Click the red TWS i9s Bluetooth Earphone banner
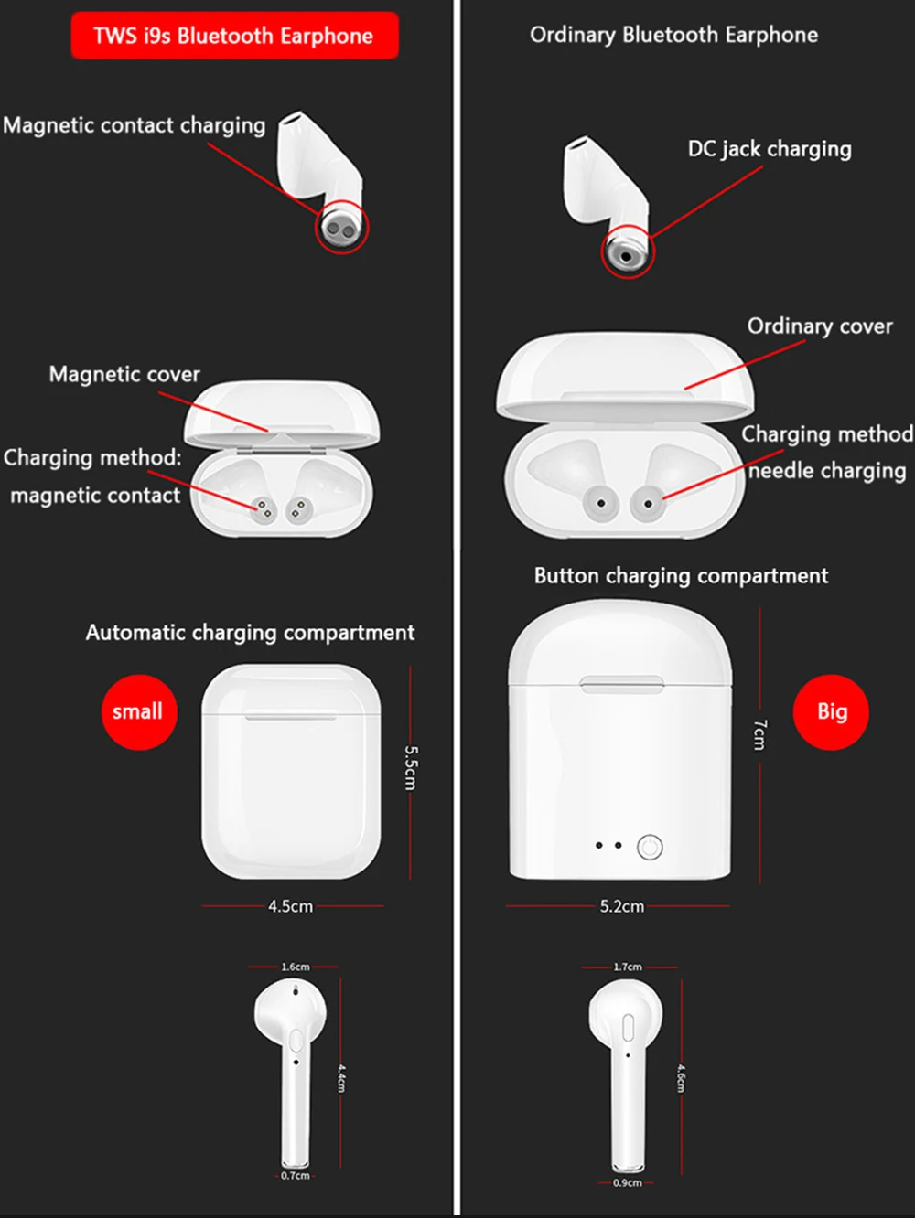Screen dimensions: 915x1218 235,36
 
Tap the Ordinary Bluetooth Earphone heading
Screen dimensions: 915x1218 673,35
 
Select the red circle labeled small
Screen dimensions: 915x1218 139,712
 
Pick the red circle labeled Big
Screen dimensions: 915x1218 831,712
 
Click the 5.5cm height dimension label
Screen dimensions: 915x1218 411,767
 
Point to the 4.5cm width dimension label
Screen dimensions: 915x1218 290,906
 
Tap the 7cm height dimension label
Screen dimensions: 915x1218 759,734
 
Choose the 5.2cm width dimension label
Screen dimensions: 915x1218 622,906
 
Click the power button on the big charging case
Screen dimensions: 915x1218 650,848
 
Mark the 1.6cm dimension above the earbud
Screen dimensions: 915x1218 296,967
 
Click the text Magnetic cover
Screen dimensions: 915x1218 124,374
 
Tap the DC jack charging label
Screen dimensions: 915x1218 770,149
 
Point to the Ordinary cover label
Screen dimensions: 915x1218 820,326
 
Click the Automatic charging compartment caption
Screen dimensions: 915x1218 250,633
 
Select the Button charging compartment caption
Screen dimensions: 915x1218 682,576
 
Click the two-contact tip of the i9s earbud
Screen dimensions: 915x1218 341,228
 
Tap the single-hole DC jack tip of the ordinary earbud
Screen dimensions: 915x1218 626,255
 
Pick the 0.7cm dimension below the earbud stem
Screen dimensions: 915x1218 295,1176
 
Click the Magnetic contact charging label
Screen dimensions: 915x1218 135,125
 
